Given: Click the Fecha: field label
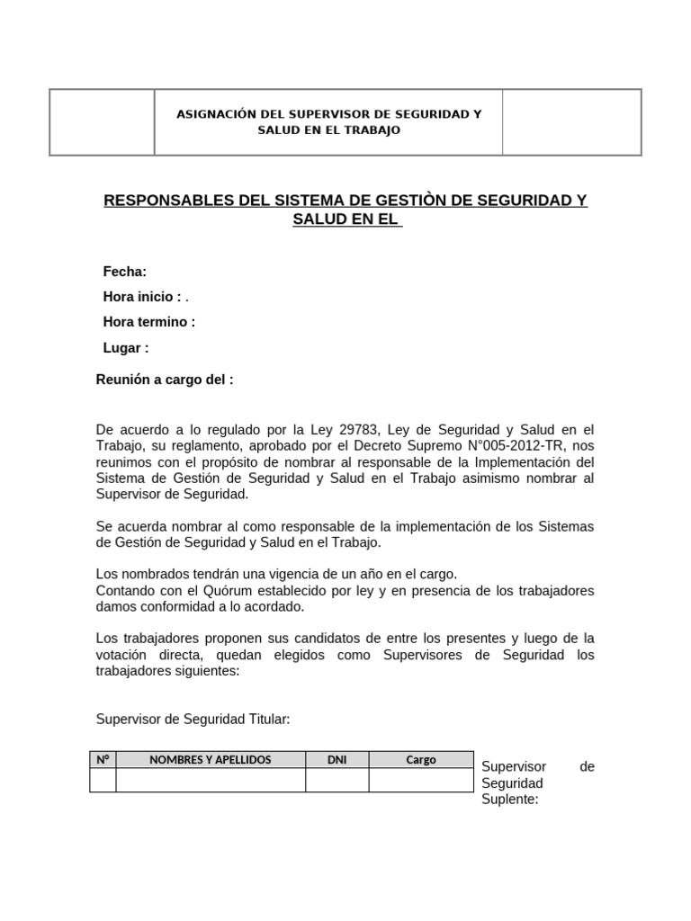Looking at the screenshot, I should point(124,272).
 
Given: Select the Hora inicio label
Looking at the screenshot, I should point(142,297).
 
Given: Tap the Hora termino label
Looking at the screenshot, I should point(148,322).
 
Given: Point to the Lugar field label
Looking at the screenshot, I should point(126,347).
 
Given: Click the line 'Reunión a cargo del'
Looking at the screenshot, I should point(165,380).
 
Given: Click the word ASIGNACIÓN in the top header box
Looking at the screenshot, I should point(216,114).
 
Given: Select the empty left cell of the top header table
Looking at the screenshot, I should point(102,122).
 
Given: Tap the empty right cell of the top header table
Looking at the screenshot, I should point(571,122).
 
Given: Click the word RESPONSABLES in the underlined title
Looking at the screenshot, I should point(166,200).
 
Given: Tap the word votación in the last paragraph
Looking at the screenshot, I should point(125,656).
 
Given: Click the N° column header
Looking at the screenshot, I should point(103,760).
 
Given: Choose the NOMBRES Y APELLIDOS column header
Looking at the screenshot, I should point(211,760).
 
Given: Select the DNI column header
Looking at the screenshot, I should point(337,760).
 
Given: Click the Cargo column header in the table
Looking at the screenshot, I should point(420,760).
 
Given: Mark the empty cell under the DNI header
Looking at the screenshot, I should point(337,780).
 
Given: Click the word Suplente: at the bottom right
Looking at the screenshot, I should point(509,800).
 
